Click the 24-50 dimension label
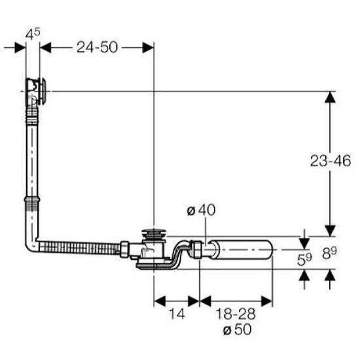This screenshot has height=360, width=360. (x=97, y=47)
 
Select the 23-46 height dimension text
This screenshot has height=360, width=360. (x=331, y=161)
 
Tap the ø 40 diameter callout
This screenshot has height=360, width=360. (x=201, y=210)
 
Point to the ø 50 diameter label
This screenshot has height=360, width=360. (x=238, y=329)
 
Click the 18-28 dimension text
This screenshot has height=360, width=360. (x=236, y=314)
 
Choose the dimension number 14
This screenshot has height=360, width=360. (x=177, y=314)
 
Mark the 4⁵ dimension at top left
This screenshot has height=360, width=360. (x=33, y=34)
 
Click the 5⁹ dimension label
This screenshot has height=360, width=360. (x=304, y=259)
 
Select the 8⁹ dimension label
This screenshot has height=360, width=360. (x=329, y=253)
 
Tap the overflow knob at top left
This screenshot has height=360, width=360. (x=43, y=92)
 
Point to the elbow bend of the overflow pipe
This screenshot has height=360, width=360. (x=31, y=245)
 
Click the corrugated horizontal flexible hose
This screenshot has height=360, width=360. (x=79, y=248)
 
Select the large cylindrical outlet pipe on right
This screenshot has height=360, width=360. (x=241, y=249)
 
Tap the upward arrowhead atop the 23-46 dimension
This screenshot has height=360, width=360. (x=330, y=97)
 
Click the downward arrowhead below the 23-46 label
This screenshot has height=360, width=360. (x=330, y=230)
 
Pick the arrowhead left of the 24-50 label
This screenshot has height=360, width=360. (x=45, y=48)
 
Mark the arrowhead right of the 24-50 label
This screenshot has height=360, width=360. (x=148, y=48)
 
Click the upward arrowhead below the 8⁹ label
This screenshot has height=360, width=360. (x=330, y=275)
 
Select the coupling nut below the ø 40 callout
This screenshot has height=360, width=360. (x=195, y=249)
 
